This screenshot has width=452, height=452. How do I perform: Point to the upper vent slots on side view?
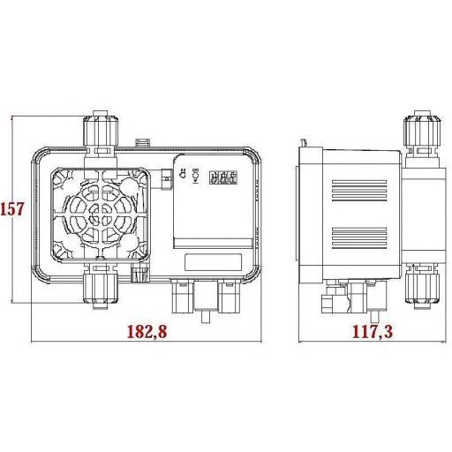[x=358, y=189]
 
